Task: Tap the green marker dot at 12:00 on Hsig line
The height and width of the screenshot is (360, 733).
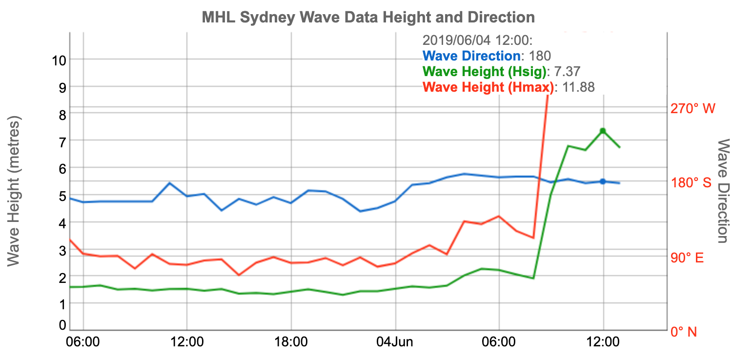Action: pyautogui.click(x=603, y=131)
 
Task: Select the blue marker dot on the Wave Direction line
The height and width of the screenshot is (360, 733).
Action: pyautogui.click(x=603, y=181)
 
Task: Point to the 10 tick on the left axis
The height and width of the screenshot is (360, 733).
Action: pyautogui.click(x=59, y=60)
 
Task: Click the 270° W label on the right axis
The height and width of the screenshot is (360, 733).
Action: pyautogui.click(x=692, y=109)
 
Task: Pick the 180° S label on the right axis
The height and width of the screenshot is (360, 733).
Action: pyautogui.click(x=692, y=183)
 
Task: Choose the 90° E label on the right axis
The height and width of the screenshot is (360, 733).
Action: pyautogui.click(x=687, y=258)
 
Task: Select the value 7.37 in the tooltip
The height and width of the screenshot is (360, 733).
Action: pyautogui.click(x=566, y=72)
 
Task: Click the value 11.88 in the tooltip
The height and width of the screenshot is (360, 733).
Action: pyautogui.click(x=577, y=87)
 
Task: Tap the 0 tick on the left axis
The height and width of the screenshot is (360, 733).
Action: pyautogui.click(x=62, y=325)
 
